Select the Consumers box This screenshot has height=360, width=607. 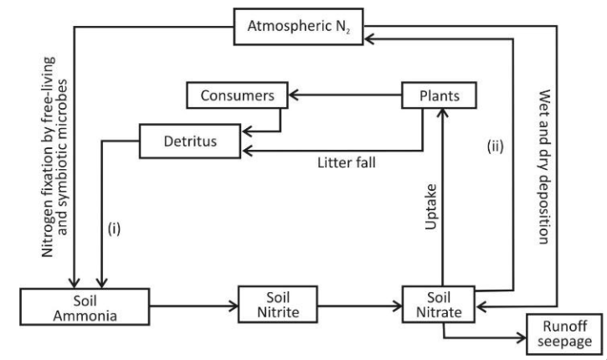(238, 95)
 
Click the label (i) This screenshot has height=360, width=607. (115, 228)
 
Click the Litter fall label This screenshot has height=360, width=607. (343, 162)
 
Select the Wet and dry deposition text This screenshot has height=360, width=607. (541, 167)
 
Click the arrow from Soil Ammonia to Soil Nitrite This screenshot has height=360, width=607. (179, 306)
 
